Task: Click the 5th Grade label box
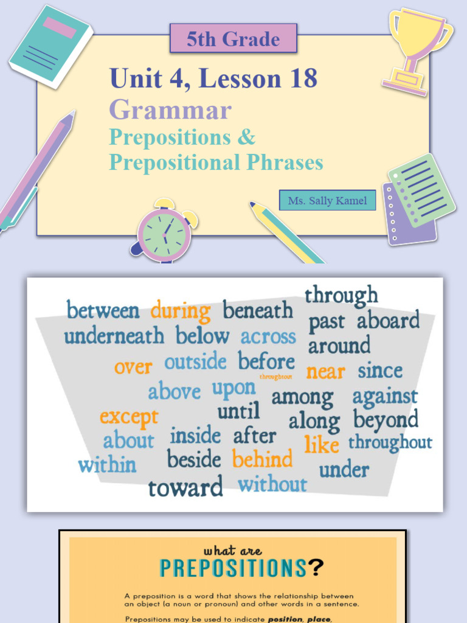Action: pyautogui.click(x=233, y=40)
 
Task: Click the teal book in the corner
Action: pyautogui.click(x=50, y=46)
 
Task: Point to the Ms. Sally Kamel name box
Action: pyautogui.click(x=327, y=200)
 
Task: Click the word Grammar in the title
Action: pyautogui.click(x=170, y=110)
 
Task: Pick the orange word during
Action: pyautogui.click(x=181, y=311)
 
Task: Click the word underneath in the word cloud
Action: pyautogui.click(x=114, y=336)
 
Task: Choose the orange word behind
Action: pyautogui.click(x=262, y=459)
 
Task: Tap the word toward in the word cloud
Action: pyautogui.click(x=185, y=487)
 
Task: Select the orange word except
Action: pyautogui.click(x=129, y=417)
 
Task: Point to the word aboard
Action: pyautogui.click(x=388, y=321)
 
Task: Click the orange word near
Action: pyautogui.click(x=325, y=371)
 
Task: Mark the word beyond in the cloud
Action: pyautogui.click(x=386, y=420)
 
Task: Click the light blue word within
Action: pyautogui.click(x=107, y=465)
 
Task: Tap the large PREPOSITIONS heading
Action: pyautogui.click(x=233, y=568)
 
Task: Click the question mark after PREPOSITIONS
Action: pyautogui.click(x=316, y=568)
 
